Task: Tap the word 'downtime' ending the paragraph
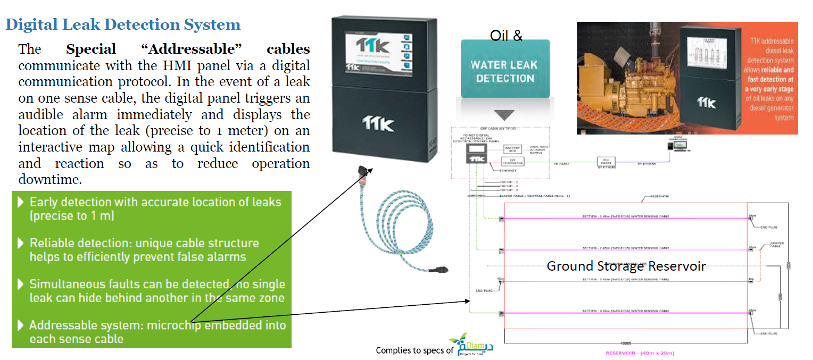coord(49,180)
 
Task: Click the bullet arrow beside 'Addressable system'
coord(21,325)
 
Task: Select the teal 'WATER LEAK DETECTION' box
coord(505,71)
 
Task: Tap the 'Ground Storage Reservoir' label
coord(626,266)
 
